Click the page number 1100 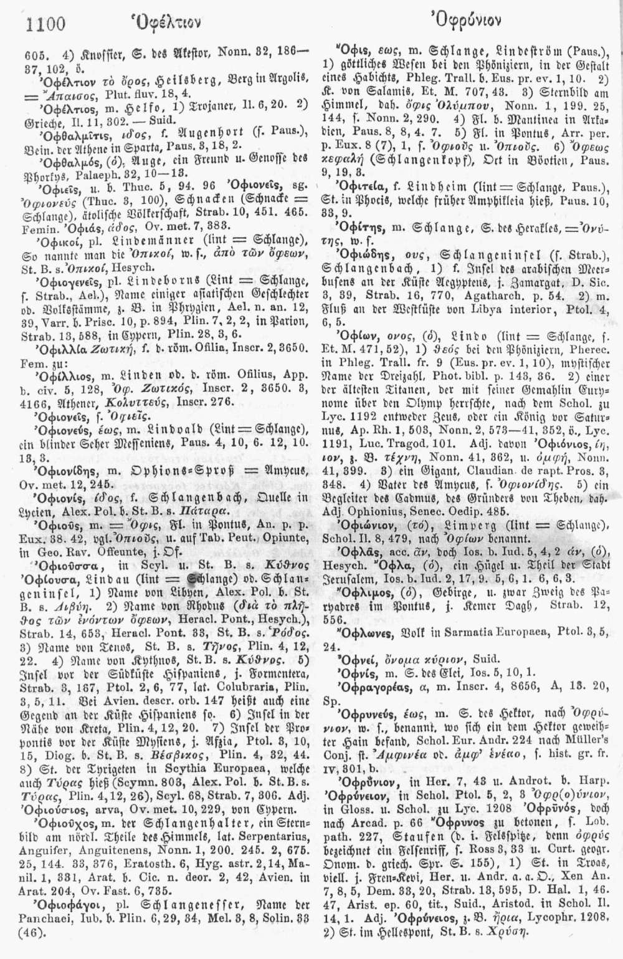point(46,24)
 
